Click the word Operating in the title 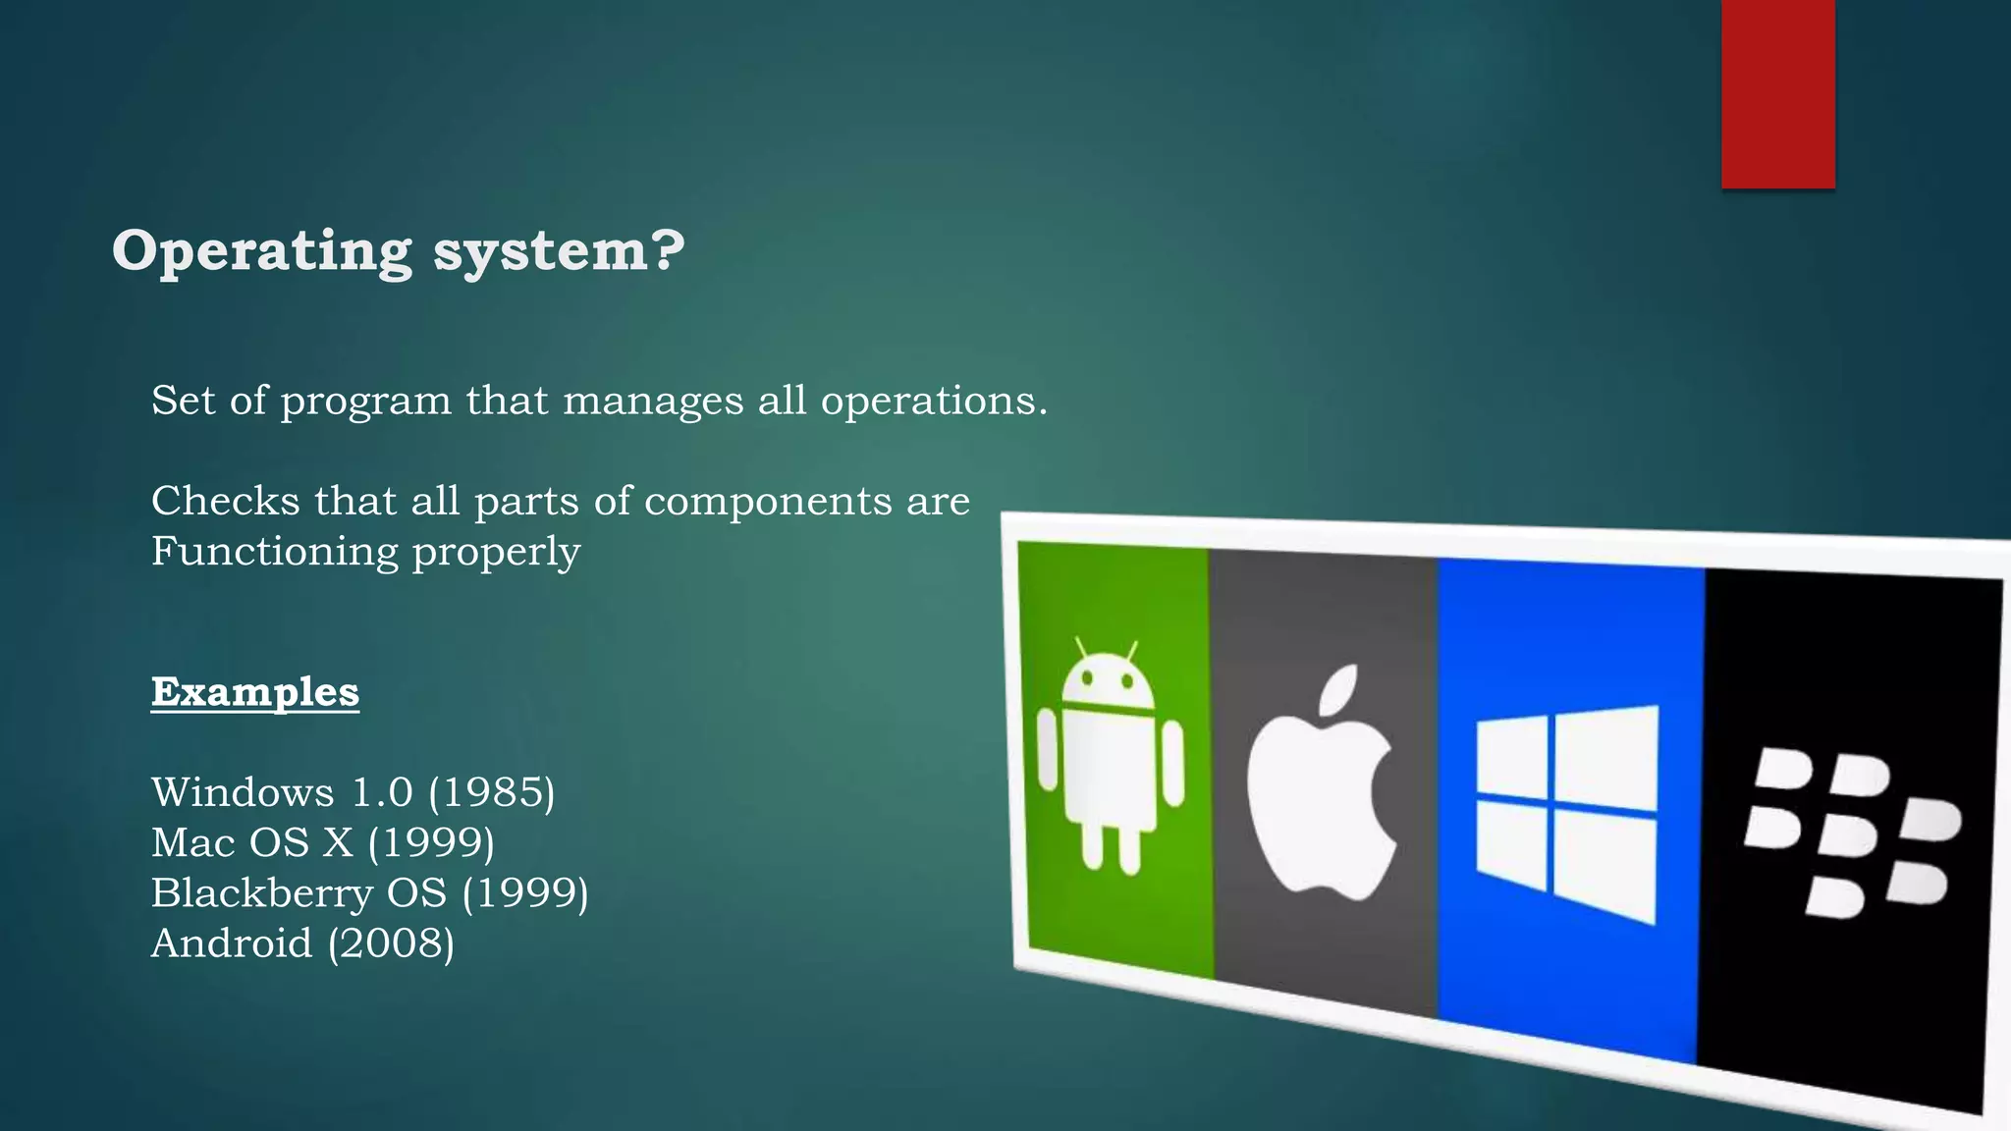261,251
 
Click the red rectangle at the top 1777,93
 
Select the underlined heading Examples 255,692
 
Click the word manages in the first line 653,402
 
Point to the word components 768,502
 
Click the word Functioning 274,552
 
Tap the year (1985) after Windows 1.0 492,792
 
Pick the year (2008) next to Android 391,943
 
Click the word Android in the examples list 232,943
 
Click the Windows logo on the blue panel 1566,814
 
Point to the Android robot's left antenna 1081,649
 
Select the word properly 496,552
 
